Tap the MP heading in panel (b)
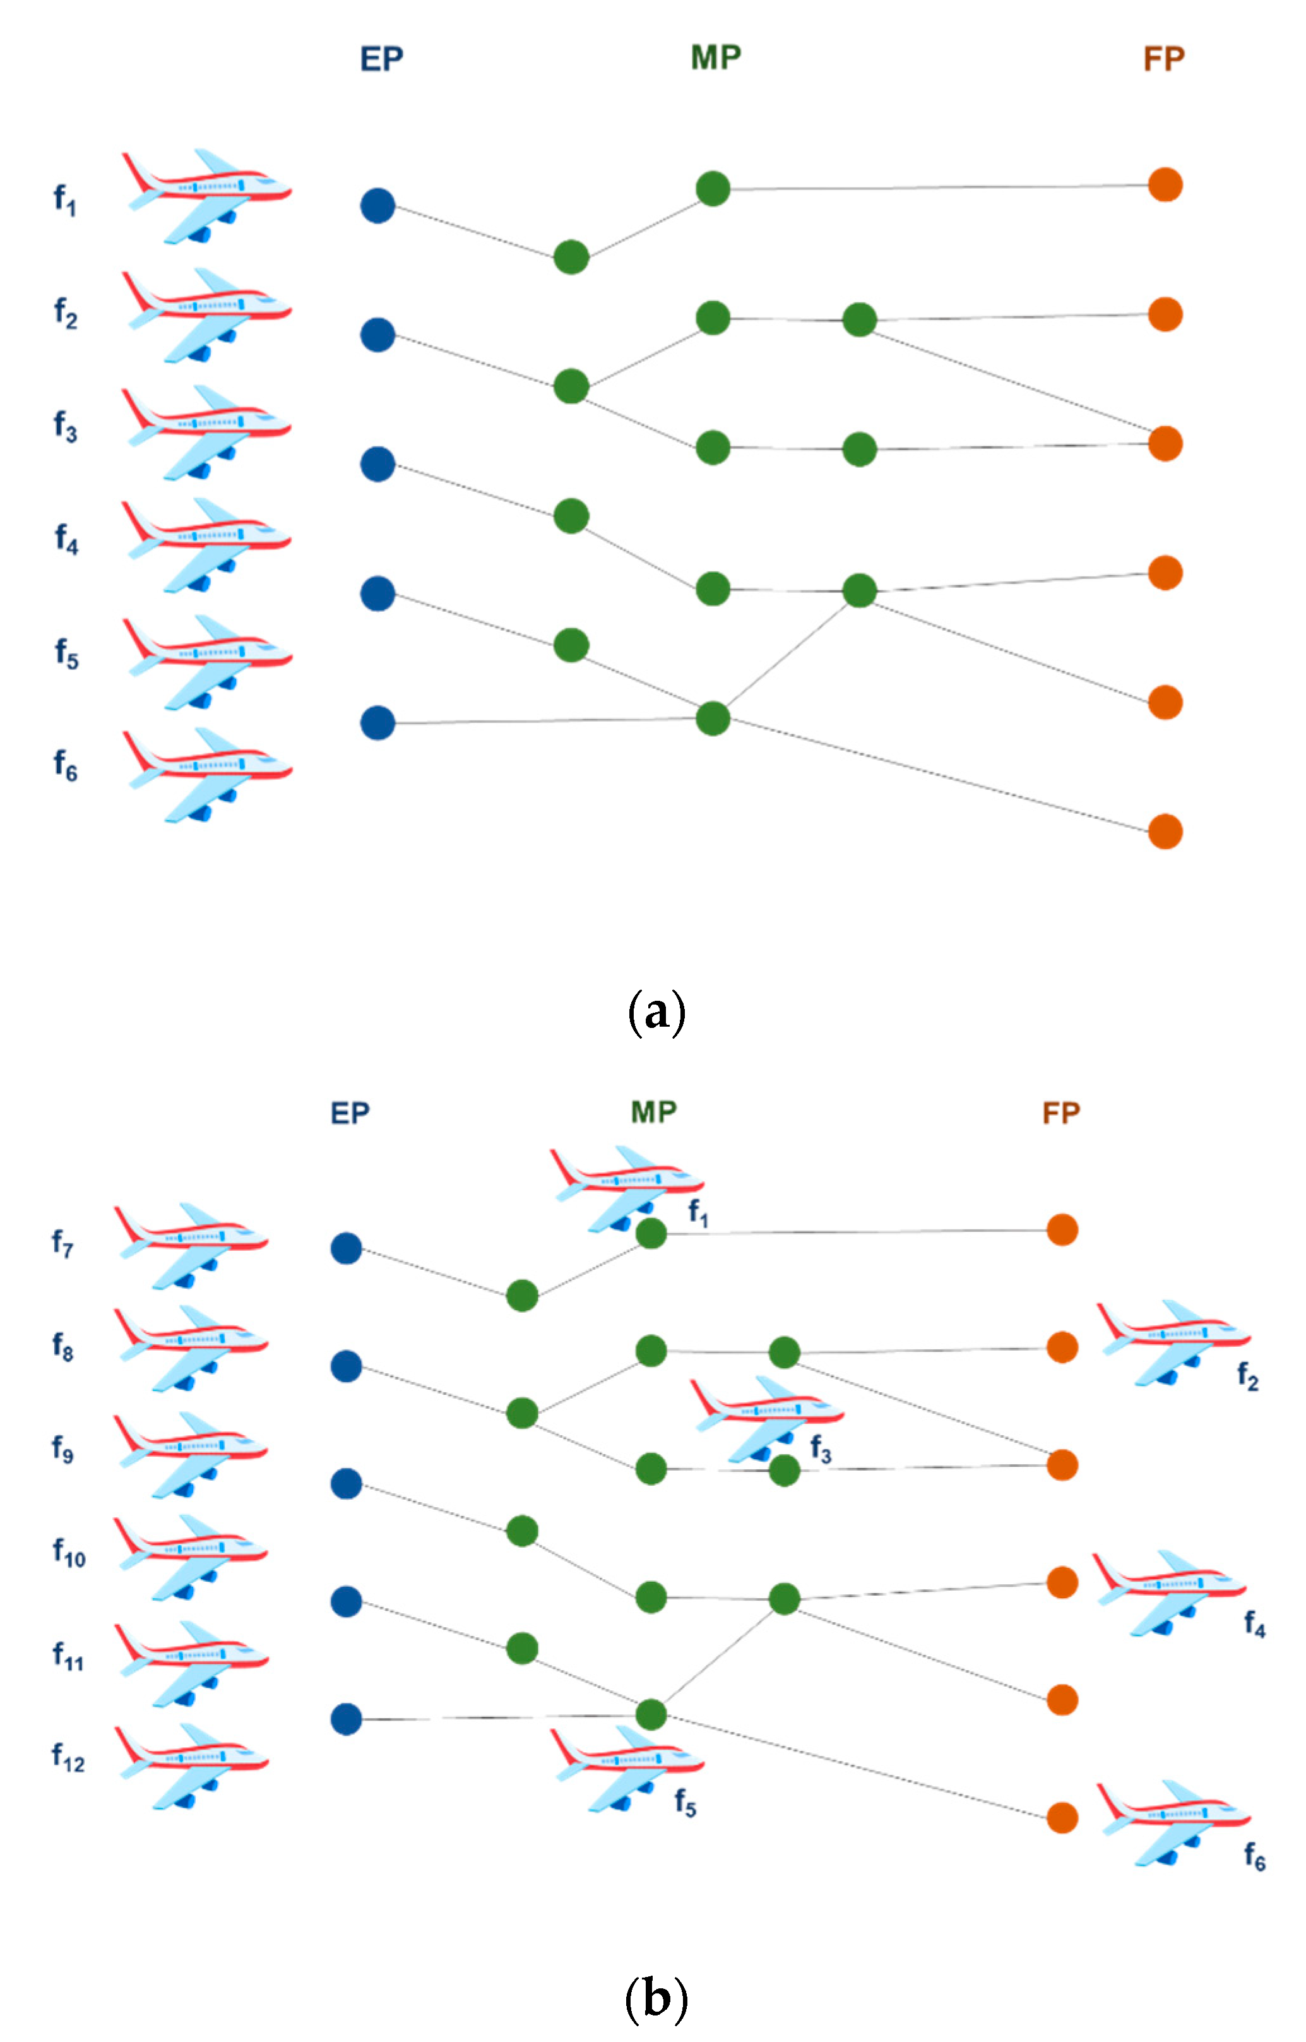(653, 1111)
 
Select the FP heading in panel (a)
(1163, 59)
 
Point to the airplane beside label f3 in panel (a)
(206, 432)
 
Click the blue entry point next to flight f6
(377, 723)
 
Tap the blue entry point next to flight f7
(346, 1248)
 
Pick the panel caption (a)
(656, 1012)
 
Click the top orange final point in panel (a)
(1165, 185)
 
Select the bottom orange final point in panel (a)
(1165, 832)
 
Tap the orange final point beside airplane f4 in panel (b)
(1062, 1582)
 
